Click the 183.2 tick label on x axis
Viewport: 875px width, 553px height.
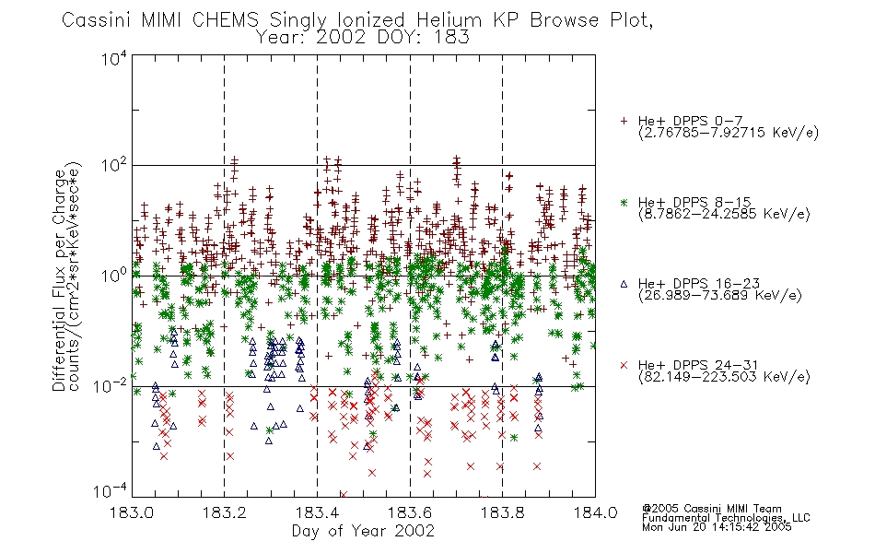[x=225, y=512]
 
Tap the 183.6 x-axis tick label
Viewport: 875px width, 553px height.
[x=410, y=512]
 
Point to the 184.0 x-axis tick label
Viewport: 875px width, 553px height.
[x=595, y=512]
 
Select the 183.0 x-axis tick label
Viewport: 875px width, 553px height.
[x=133, y=512]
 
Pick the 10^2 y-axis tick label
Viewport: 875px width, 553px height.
[x=114, y=166]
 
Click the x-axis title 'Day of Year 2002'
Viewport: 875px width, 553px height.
[x=363, y=531]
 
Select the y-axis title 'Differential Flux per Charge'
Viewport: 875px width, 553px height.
[x=60, y=279]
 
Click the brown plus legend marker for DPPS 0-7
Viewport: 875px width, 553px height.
[x=624, y=121]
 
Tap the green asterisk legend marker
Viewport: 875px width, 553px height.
[x=624, y=202]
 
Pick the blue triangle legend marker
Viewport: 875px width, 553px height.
[x=624, y=284]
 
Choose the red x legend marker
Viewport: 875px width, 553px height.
[x=624, y=365]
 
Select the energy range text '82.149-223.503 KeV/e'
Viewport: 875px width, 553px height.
[x=724, y=377]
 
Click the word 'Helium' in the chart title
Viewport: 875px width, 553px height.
[x=449, y=20]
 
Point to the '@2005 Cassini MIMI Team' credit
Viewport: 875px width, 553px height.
[x=711, y=509]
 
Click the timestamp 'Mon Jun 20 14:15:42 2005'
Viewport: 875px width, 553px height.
[x=717, y=527]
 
